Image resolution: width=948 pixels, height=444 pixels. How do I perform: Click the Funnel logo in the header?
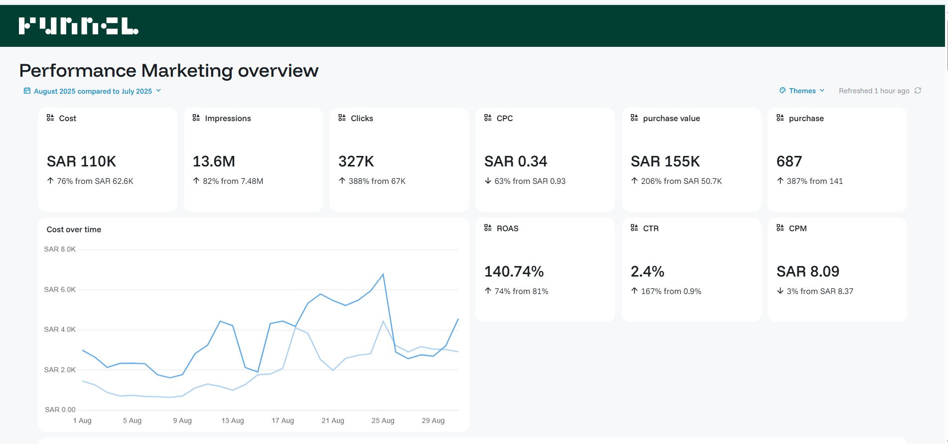[x=78, y=26]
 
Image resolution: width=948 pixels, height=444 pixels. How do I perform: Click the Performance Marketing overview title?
[x=168, y=71]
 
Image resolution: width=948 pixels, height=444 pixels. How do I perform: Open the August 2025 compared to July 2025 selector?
[x=93, y=91]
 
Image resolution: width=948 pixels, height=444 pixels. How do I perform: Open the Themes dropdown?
[x=802, y=91]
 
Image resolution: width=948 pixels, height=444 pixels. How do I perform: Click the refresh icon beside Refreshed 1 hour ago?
[x=918, y=91]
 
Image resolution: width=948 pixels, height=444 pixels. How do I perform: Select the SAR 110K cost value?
[x=81, y=161]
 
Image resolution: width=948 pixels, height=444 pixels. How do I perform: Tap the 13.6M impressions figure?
[x=214, y=161]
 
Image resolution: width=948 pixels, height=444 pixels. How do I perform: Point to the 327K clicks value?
[x=356, y=161]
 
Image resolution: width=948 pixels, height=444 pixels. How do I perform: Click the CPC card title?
[x=504, y=119]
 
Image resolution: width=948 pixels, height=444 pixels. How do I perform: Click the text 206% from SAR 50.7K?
[x=681, y=181]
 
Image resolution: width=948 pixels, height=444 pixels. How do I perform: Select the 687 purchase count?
[x=789, y=161]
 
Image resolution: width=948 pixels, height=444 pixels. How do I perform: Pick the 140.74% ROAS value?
[x=514, y=272]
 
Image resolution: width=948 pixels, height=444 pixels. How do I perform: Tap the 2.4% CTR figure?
[x=647, y=272]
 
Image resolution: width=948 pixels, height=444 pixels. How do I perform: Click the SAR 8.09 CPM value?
[x=808, y=272]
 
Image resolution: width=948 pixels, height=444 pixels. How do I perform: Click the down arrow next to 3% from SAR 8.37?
[x=780, y=291]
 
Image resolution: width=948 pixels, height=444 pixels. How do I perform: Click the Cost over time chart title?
[x=74, y=230]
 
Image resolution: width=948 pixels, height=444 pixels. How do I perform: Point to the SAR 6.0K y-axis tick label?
[x=60, y=290]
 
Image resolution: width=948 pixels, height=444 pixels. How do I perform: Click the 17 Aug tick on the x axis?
[x=282, y=421]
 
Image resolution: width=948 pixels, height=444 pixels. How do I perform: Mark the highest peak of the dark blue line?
[x=383, y=274]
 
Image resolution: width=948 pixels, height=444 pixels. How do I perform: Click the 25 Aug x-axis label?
[x=383, y=421]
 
